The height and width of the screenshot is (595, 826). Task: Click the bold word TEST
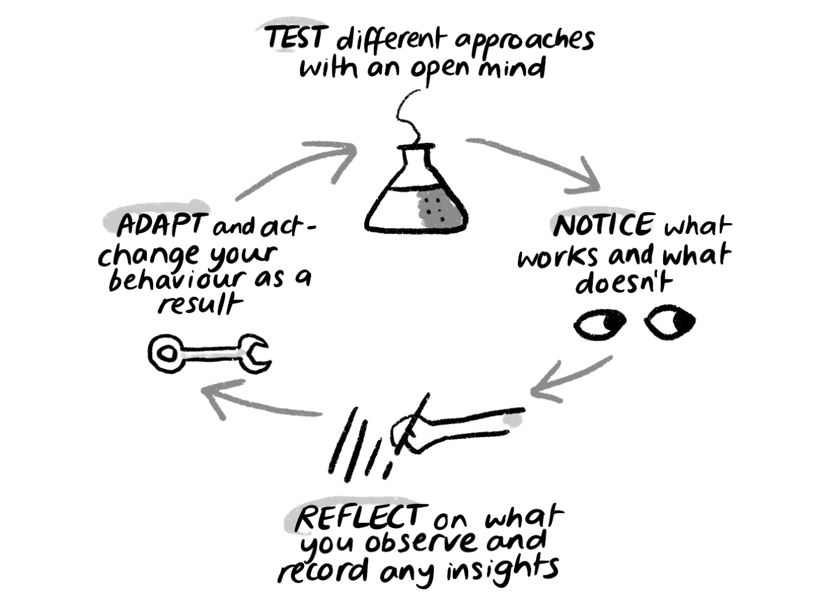pos(296,40)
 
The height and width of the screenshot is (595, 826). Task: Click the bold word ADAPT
pos(159,227)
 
